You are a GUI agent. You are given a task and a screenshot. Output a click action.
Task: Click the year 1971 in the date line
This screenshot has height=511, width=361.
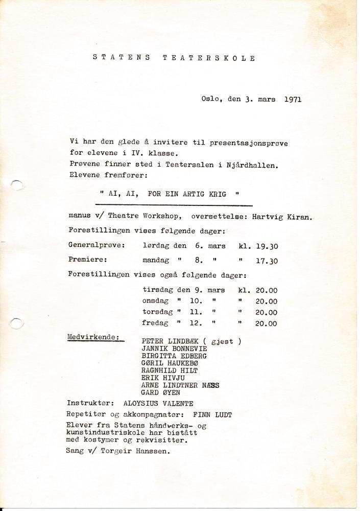coord(292,99)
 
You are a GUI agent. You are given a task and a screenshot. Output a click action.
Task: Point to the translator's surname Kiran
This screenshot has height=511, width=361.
coord(301,216)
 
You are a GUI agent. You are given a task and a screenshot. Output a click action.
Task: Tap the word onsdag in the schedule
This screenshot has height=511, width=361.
coord(156,301)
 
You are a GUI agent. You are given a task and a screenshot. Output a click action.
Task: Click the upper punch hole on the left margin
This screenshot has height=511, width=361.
coord(17,183)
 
